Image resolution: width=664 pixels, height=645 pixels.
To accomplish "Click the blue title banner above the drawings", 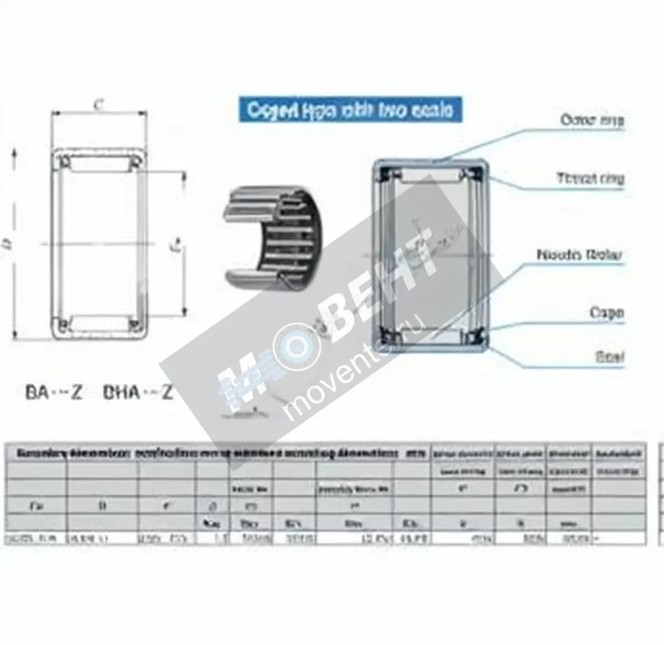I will click(x=350, y=110).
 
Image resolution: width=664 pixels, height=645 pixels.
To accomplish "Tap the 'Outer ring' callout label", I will click(x=592, y=120).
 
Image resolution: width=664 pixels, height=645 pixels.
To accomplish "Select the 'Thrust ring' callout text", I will click(x=590, y=178).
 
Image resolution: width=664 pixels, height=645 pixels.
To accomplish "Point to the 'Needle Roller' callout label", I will click(x=579, y=255).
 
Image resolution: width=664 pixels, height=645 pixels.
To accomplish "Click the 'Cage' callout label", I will click(x=606, y=313).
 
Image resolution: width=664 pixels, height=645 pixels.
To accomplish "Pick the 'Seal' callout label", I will click(x=609, y=357).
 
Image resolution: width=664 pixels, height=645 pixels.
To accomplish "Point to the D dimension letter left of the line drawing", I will click(x=8, y=244).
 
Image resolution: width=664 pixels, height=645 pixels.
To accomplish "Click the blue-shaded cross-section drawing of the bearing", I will click(x=431, y=256).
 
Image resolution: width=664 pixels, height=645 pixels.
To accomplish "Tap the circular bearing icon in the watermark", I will click(x=297, y=347).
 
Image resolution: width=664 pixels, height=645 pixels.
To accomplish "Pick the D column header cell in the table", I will click(x=102, y=505).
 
